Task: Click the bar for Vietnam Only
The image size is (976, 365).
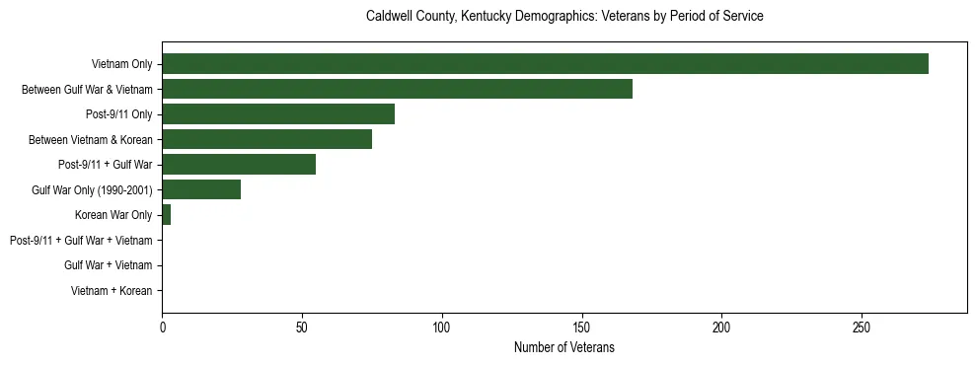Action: point(545,64)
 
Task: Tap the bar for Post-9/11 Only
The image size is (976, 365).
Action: point(278,114)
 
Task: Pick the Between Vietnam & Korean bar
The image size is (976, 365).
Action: point(266,140)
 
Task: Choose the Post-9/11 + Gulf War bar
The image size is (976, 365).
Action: point(239,165)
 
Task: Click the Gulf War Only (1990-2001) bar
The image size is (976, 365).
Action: point(201,190)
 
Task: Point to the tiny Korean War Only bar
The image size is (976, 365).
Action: point(166,215)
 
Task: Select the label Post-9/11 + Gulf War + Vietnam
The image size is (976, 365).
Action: point(81,241)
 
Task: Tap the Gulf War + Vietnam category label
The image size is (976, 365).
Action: point(108,265)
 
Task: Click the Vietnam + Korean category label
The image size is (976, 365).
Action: point(112,291)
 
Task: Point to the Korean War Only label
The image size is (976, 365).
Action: point(113,215)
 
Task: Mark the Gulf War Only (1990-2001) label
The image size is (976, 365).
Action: point(92,190)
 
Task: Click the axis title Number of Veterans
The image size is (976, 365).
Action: point(563,347)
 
